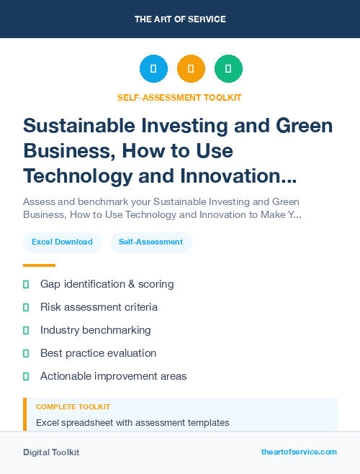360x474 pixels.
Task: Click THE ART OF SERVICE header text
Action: point(180,19)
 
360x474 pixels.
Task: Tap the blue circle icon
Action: point(153,69)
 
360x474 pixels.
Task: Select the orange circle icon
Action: point(191,69)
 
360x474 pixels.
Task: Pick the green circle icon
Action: point(228,69)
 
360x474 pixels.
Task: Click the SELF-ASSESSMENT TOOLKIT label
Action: point(180,97)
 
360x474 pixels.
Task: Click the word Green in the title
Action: point(305,126)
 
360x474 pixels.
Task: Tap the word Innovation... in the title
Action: point(242,176)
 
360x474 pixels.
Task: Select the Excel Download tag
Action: point(62,242)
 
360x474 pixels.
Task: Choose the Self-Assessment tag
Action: point(151,242)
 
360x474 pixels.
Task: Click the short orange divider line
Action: point(39,265)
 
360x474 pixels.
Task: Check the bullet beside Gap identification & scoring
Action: point(26,285)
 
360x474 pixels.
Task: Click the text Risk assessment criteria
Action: point(99,307)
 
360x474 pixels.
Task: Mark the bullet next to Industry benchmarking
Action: point(26,330)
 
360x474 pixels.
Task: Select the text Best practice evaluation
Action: point(98,353)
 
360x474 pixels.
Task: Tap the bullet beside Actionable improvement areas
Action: point(26,376)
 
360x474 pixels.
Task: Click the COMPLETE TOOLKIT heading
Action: point(73,407)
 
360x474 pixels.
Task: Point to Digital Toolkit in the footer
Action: point(51,452)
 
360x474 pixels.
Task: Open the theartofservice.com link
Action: point(299,452)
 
